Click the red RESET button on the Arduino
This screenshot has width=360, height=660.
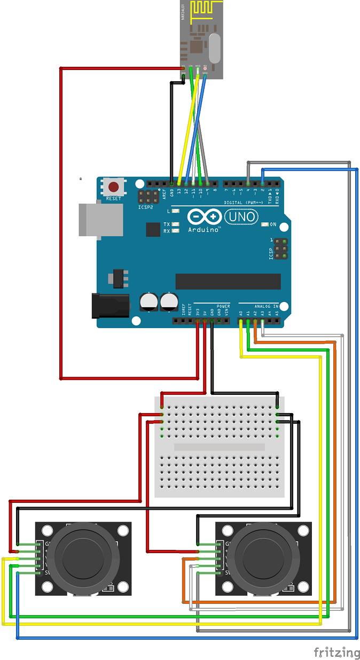pyautogui.click(x=114, y=187)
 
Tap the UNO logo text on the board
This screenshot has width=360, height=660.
pyautogui.click(x=242, y=217)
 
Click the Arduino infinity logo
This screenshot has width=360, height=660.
pyautogui.click(x=205, y=217)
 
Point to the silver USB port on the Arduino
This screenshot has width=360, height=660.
pyautogui.click(x=100, y=219)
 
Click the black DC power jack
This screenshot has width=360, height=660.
pyautogui.click(x=111, y=306)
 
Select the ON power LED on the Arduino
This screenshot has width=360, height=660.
pyautogui.click(x=264, y=224)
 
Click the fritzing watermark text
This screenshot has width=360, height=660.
pyautogui.click(x=336, y=652)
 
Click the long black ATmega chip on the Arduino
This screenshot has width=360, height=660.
pyautogui.click(x=228, y=281)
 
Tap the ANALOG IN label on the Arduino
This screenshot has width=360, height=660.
pyautogui.click(x=267, y=306)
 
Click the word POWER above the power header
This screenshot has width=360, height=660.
pyautogui.click(x=223, y=306)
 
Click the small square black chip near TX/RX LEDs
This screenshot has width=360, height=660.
pyautogui.click(x=153, y=229)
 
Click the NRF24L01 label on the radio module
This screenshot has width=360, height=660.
pyautogui.click(x=183, y=12)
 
